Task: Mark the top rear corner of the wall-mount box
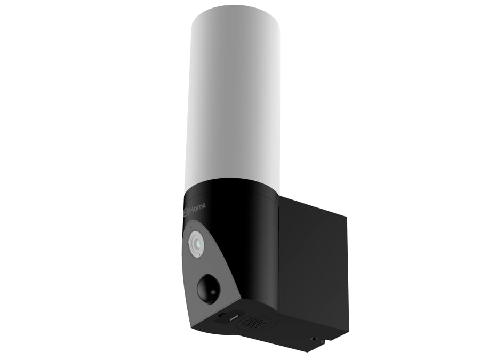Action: tap(347, 216)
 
